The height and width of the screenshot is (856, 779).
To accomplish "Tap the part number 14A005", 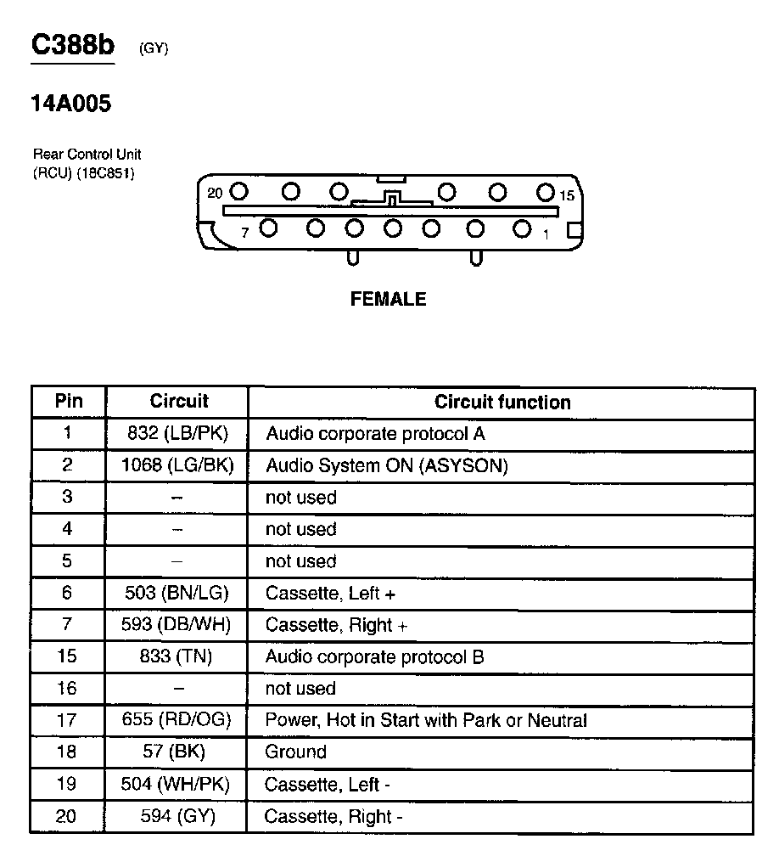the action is click(71, 104).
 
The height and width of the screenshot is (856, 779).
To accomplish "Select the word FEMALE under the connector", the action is click(388, 299).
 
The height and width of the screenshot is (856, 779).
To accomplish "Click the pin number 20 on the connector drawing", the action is click(215, 193).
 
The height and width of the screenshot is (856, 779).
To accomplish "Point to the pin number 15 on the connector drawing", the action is click(567, 195).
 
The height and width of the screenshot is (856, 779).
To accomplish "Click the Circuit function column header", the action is click(502, 402).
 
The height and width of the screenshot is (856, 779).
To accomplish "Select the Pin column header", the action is click(69, 401).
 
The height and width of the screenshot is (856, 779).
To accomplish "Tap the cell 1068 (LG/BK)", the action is click(177, 465).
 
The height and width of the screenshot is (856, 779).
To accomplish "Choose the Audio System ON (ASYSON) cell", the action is click(386, 465).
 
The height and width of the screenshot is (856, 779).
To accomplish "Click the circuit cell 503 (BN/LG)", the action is click(176, 593).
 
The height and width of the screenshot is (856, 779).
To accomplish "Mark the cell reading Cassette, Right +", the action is click(336, 625).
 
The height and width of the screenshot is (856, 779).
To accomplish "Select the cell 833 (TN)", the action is click(177, 656).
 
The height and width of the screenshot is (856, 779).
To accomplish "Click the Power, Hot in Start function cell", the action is click(426, 720).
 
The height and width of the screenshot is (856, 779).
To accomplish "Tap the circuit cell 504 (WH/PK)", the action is click(176, 784).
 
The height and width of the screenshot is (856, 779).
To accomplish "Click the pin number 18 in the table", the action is click(66, 752).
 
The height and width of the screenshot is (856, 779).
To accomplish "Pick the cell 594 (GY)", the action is click(177, 816).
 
